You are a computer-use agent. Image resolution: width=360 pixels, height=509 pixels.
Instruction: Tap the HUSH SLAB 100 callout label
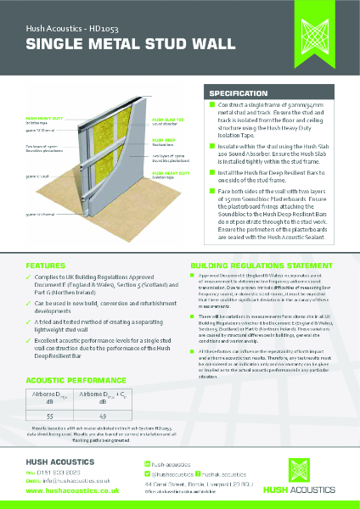(x=166, y=120)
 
